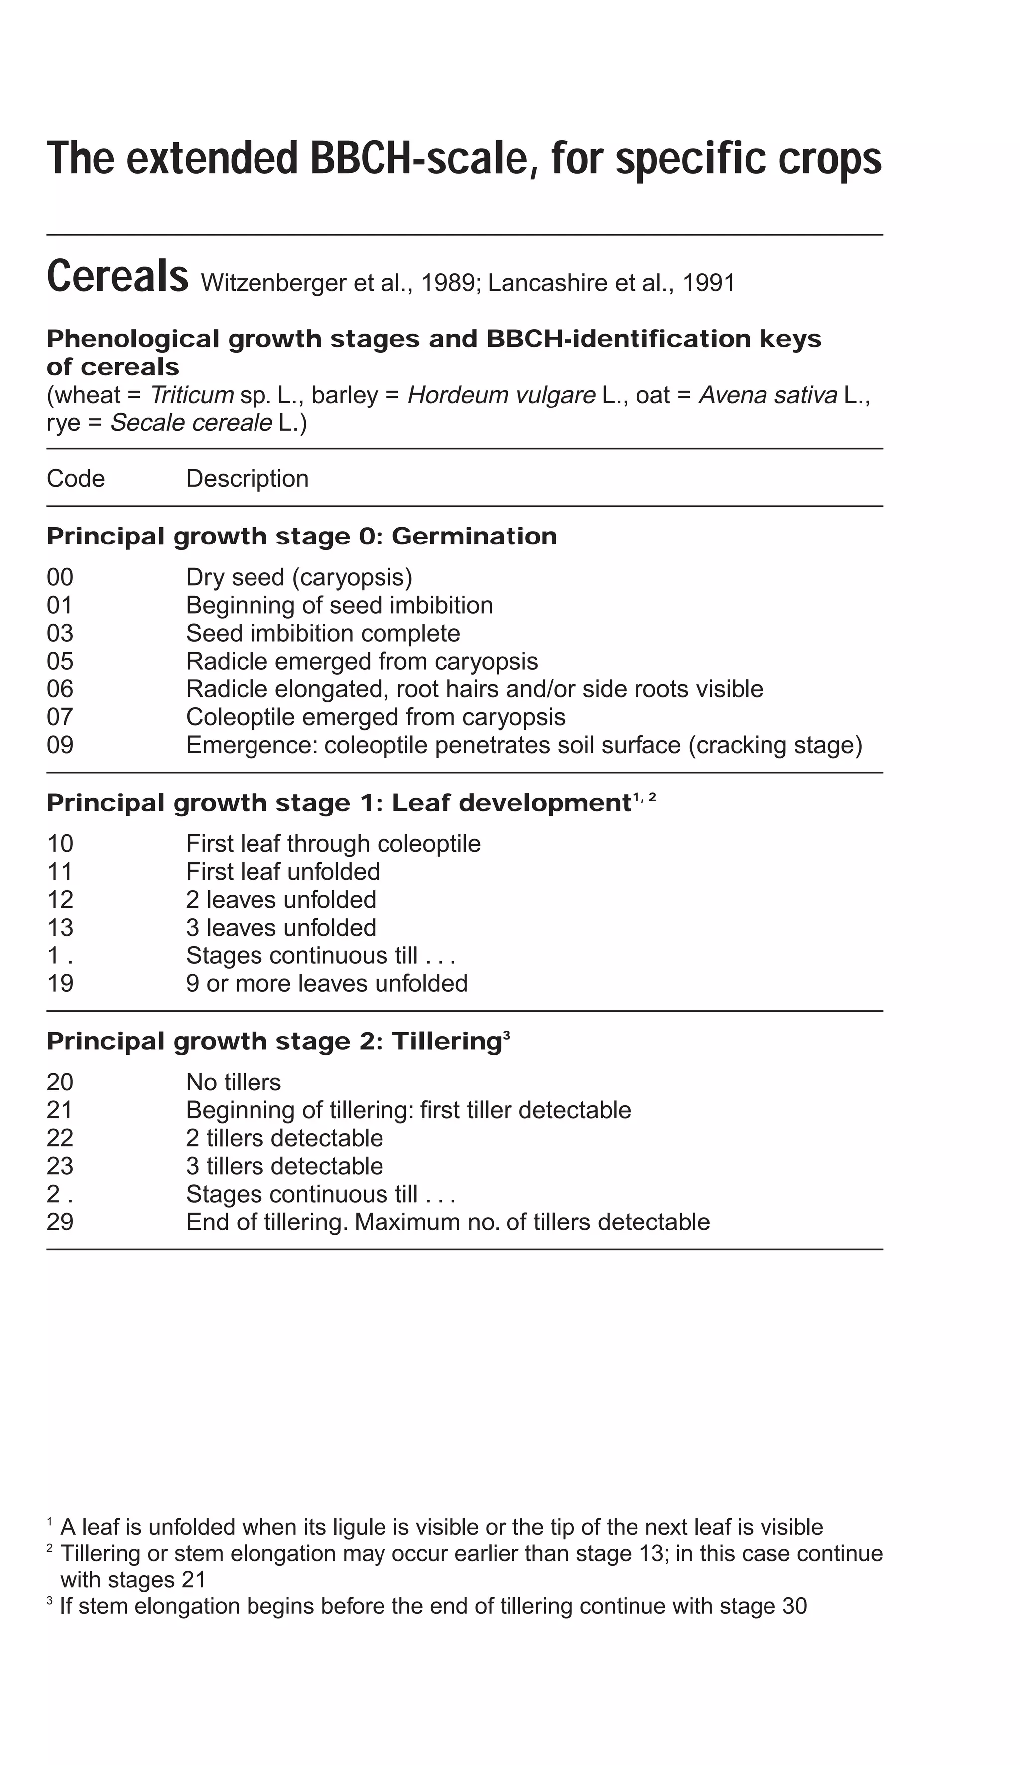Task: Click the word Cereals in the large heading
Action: (117, 276)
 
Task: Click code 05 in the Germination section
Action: (60, 661)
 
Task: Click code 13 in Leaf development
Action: (60, 927)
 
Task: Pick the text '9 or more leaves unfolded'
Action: (326, 983)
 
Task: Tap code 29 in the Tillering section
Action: (60, 1222)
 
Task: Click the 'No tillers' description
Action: (233, 1082)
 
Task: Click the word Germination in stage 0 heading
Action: (474, 536)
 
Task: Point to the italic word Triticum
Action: (191, 395)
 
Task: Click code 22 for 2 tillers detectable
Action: (60, 1138)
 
